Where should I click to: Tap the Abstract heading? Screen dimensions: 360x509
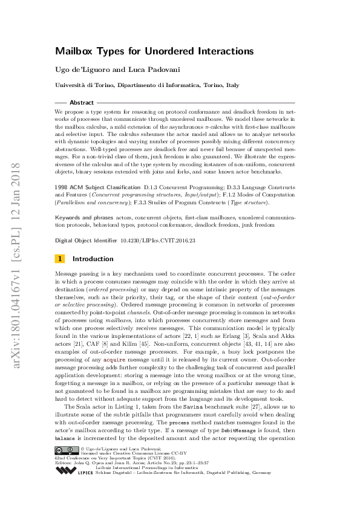82,103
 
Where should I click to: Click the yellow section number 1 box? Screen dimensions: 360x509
59,259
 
